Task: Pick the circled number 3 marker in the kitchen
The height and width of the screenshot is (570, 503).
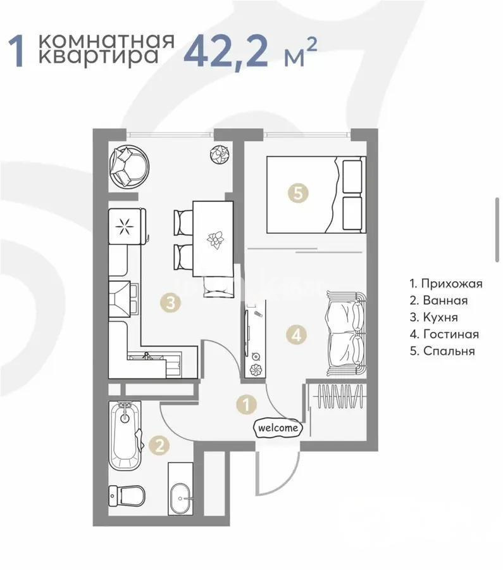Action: [170, 303]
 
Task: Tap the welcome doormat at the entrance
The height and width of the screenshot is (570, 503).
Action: [278, 428]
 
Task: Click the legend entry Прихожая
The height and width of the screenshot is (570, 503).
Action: [445, 283]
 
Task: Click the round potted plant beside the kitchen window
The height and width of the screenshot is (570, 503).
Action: [220, 153]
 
